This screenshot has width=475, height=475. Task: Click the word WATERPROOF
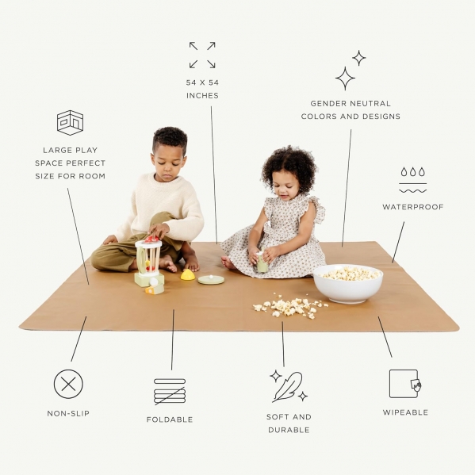(412, 207)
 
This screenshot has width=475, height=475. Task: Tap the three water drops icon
(412, 172)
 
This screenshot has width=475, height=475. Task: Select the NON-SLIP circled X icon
(68, 384)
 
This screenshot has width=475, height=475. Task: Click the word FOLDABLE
(170, 419)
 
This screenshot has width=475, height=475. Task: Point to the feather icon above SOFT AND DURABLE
(288, 386)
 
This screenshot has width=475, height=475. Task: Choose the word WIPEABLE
(405, 412)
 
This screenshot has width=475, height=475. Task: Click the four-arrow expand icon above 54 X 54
(202, 55)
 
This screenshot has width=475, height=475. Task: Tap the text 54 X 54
(202, 82)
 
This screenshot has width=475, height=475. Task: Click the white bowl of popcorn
(348, 283)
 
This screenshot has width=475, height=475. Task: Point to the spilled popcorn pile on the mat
(290, 306)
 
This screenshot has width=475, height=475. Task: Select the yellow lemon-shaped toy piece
(188, 274)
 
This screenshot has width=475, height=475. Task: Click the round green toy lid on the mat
(211, 279)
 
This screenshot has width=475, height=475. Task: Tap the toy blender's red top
(151, 239)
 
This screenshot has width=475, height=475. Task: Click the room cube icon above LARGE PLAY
(71, 123)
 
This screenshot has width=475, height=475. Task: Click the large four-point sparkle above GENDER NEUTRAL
(345, 79)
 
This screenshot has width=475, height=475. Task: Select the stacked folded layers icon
(170, 391)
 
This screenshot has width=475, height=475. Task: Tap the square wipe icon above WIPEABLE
(405, 384)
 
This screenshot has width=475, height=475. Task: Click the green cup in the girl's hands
(262, 262)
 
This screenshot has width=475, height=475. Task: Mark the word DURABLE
(289, 430)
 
